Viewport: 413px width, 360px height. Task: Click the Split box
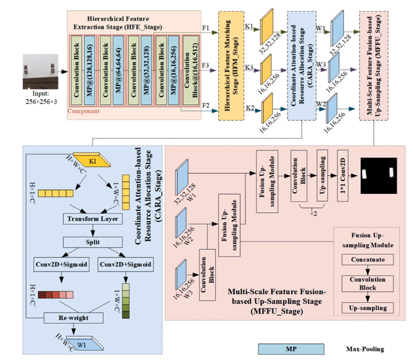point(94,241)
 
